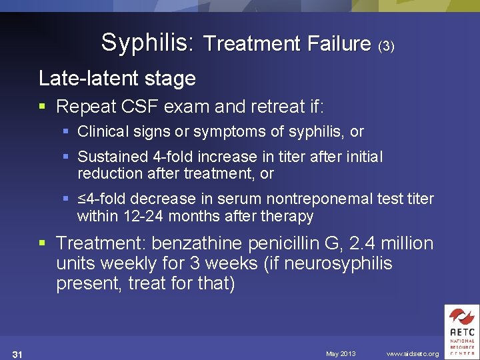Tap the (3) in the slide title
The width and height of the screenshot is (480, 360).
point(386,47)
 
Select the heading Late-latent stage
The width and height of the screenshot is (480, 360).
point(117,79)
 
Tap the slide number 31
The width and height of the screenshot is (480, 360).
point(18,353)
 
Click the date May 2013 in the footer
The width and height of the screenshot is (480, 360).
point(341,353)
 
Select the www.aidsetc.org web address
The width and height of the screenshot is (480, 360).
point(413,353)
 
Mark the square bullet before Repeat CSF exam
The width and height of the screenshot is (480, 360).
point(44,107)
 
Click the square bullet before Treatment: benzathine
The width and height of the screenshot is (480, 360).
point(44,244)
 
